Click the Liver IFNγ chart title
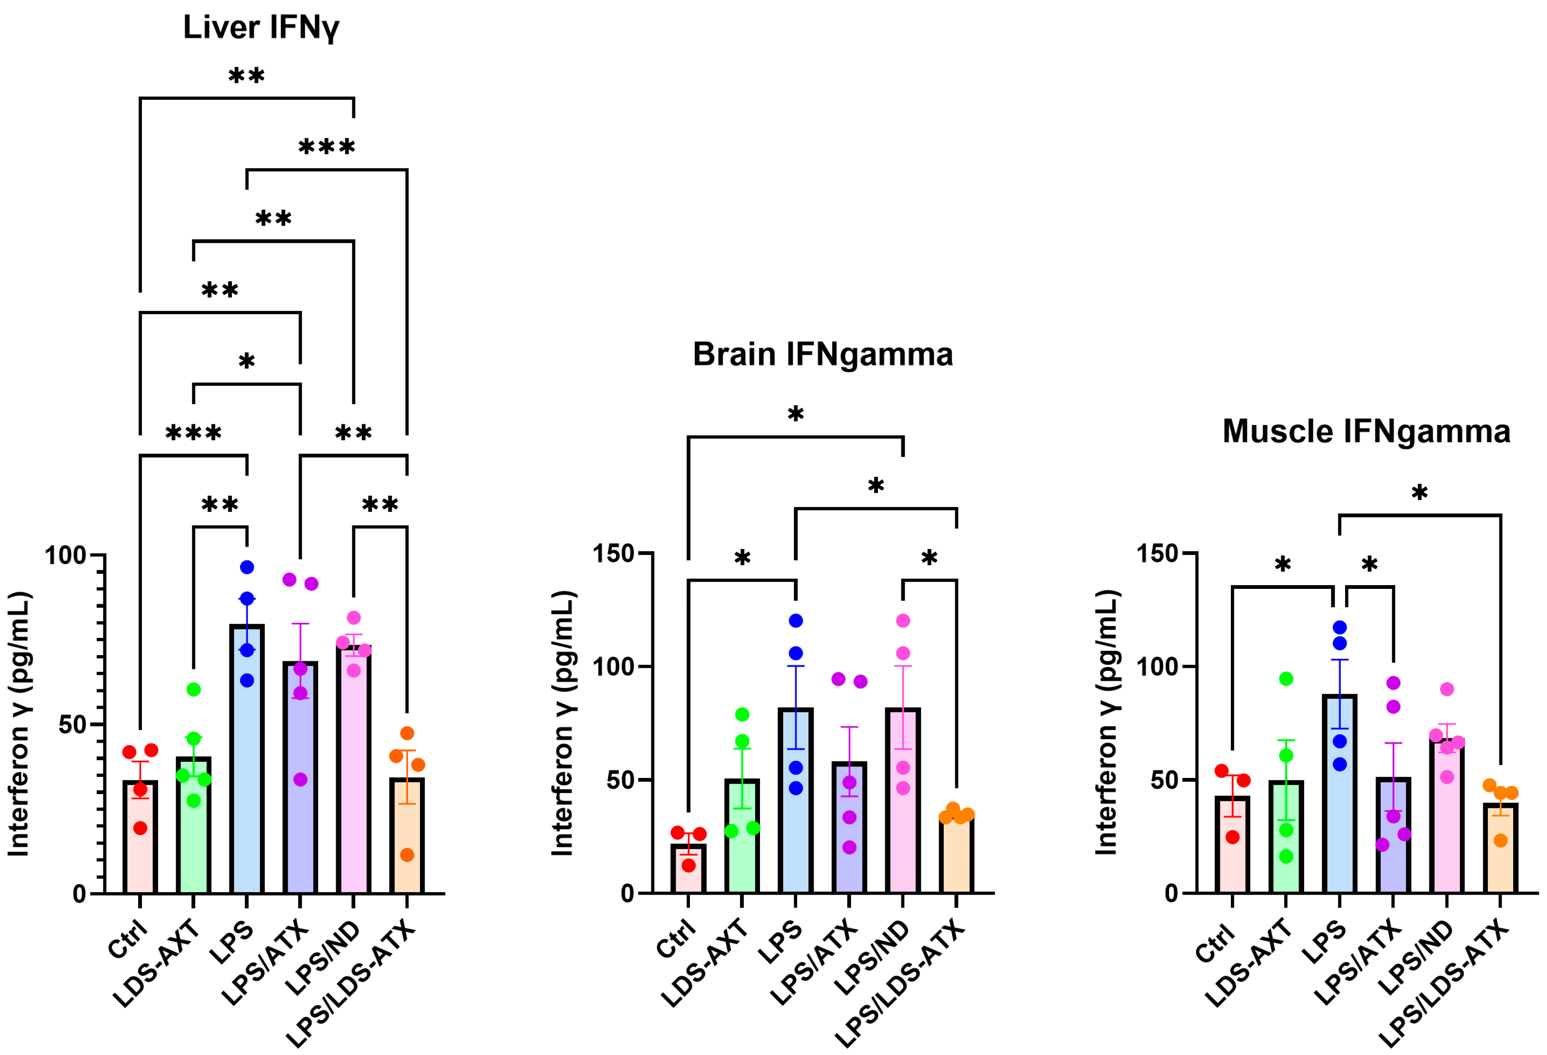[261, 28]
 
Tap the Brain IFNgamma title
[823, 354]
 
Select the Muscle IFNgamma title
[1366, 431]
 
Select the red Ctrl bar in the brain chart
[689, 869]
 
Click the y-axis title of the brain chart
[563, 723]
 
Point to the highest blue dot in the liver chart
[247, 567]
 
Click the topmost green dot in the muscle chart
[1286, 679]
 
